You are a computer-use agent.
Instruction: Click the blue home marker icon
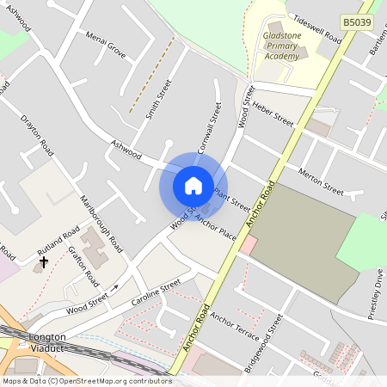193,185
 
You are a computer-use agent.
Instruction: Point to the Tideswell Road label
317,28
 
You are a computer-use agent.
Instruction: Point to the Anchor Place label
215,228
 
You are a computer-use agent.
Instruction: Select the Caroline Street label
156,292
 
